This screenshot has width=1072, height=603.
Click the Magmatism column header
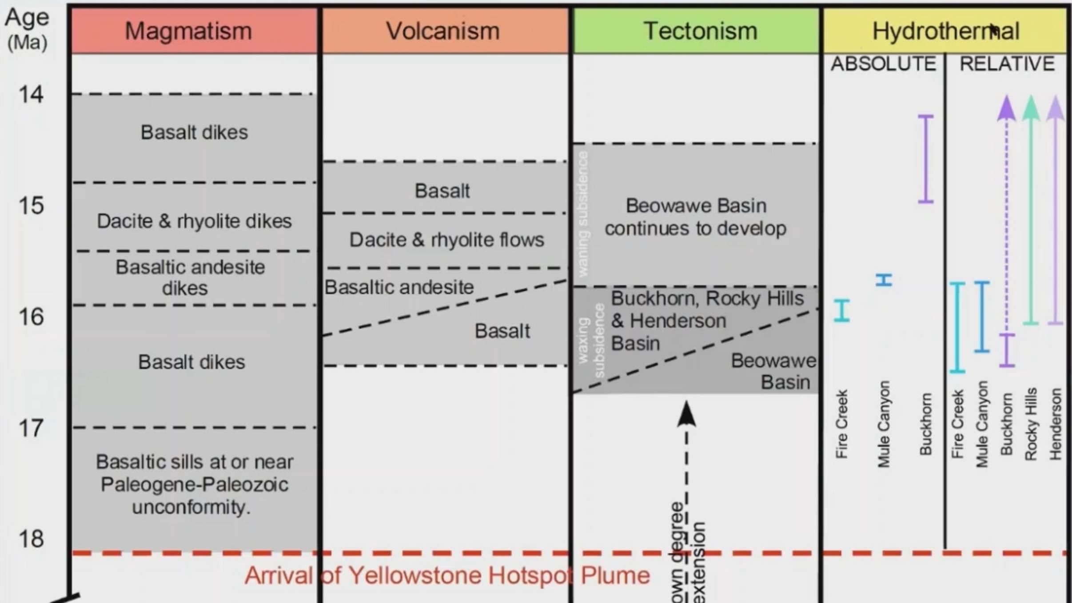click(x=188, y=31)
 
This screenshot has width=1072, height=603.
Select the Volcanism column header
click(x=443, y=31)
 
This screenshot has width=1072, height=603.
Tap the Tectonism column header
click(x=700, y=31)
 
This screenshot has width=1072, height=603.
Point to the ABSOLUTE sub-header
click(x=883, y=64)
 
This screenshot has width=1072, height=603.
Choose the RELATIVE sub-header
click(x=1007, y=64)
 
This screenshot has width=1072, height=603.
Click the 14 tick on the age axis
click(x=31, y=95)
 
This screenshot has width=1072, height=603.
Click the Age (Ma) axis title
click(x=28, y=29)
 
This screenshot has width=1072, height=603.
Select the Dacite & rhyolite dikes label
click(x=194, y=221)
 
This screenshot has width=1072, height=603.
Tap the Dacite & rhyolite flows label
click(x=446, y=240)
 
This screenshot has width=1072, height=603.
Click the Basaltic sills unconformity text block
click(x=194, y=484)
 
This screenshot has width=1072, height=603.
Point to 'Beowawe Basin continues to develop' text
click(x=696, y=217)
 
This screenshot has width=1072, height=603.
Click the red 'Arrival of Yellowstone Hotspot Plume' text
click(x=447, y=576)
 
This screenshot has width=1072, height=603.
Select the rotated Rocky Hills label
click(x=1031, y=424)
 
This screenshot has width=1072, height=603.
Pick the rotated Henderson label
click(x=1056, y=424)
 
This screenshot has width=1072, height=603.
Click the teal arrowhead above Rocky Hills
click(x=1031, y=108)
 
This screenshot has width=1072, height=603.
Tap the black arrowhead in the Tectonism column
click(x=686, y=414)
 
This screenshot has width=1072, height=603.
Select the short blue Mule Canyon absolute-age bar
click(x=884, y=280)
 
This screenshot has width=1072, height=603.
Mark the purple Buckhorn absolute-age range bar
click(x=926, y=159)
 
